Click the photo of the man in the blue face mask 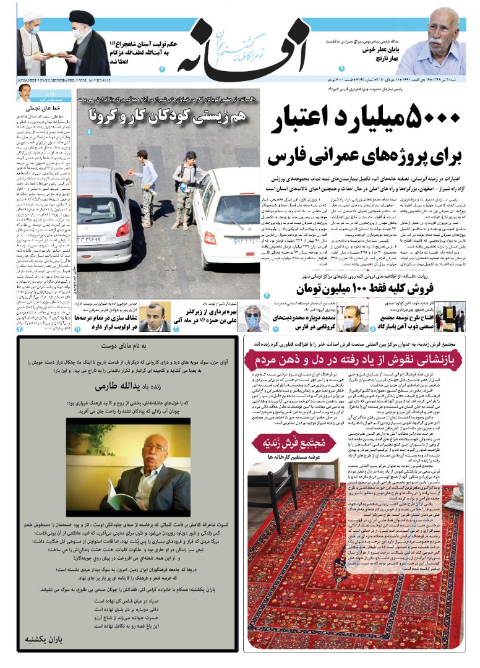coord(252,317)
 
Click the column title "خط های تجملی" coord(46,106)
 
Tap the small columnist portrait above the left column coord(25,93)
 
